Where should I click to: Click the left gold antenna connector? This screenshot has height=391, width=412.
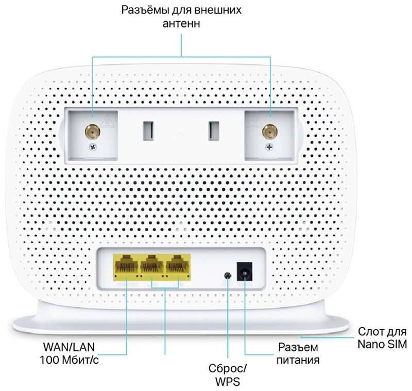[92, 132]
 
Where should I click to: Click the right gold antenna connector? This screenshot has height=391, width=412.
[268, 132]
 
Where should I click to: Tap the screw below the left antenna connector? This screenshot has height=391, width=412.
[92, 148]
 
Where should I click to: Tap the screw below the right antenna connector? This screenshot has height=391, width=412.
[268, 148]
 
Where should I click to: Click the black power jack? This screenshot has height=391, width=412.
[244, 272]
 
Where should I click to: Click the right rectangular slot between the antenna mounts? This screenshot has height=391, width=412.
[212, 131]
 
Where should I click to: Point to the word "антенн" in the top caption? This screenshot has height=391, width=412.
[182, 24]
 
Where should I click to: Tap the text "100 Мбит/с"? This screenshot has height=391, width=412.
[69, 360]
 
